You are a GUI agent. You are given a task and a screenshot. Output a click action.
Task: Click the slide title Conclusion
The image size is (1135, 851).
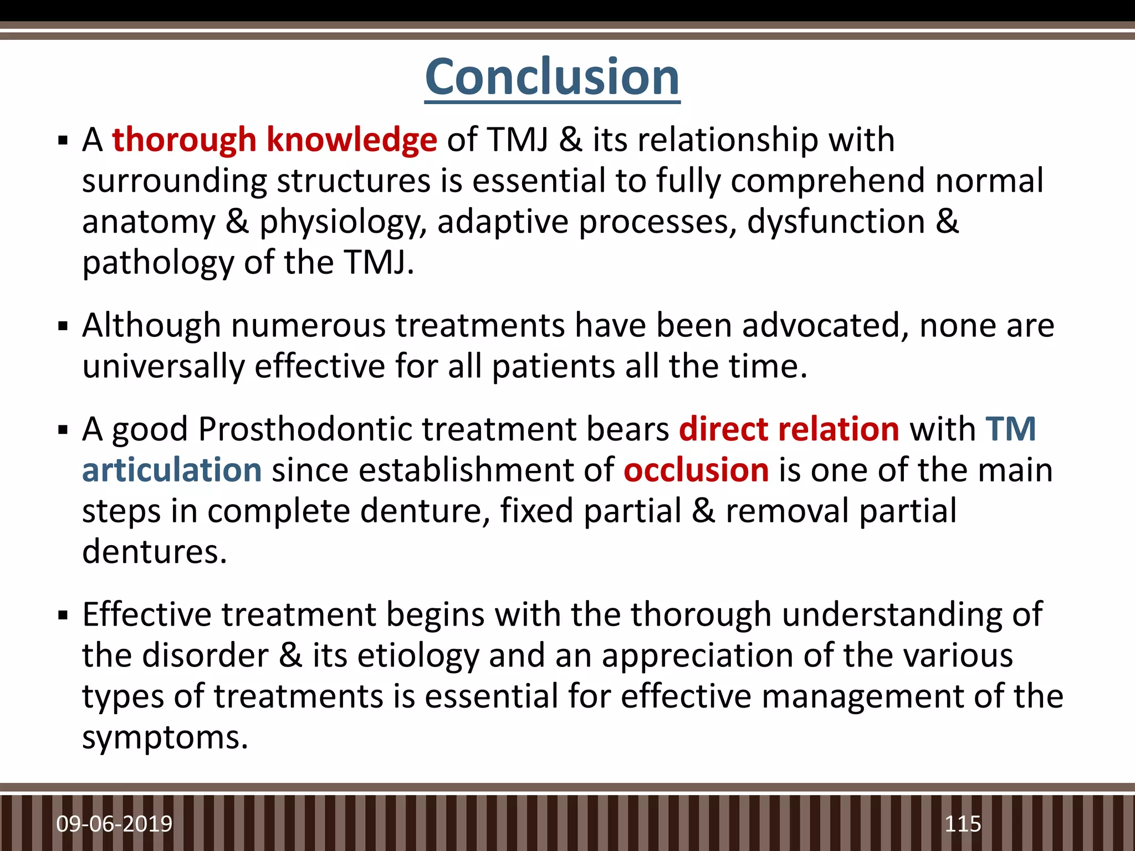(552, 78)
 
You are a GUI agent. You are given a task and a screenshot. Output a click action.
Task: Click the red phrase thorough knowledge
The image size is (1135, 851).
(274, 140)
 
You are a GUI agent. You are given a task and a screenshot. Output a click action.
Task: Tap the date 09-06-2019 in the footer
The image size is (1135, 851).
(114, 824)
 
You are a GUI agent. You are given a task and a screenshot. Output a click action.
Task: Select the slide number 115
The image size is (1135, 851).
(963, 824)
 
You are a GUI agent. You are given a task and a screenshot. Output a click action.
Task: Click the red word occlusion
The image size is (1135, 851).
(696, 470)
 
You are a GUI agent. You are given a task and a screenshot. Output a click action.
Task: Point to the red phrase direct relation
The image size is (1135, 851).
(789, 429)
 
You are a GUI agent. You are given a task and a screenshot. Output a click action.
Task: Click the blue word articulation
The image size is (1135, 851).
(172, 470)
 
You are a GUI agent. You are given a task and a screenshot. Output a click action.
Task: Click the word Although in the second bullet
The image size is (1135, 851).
(151, 325)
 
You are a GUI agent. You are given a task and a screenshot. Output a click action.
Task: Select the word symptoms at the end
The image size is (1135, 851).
(165, 738)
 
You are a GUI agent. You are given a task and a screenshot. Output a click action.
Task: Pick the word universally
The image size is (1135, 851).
(163, 367)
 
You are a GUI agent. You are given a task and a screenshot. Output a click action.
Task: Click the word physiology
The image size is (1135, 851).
(343, 223)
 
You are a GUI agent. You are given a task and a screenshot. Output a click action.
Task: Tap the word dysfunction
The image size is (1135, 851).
(836, 222)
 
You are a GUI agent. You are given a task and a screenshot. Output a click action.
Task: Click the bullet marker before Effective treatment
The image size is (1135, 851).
(63, 615)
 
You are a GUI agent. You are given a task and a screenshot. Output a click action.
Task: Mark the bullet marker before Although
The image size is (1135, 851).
(63, 326)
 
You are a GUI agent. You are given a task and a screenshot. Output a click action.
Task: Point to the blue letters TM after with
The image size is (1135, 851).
(1010, 429)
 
